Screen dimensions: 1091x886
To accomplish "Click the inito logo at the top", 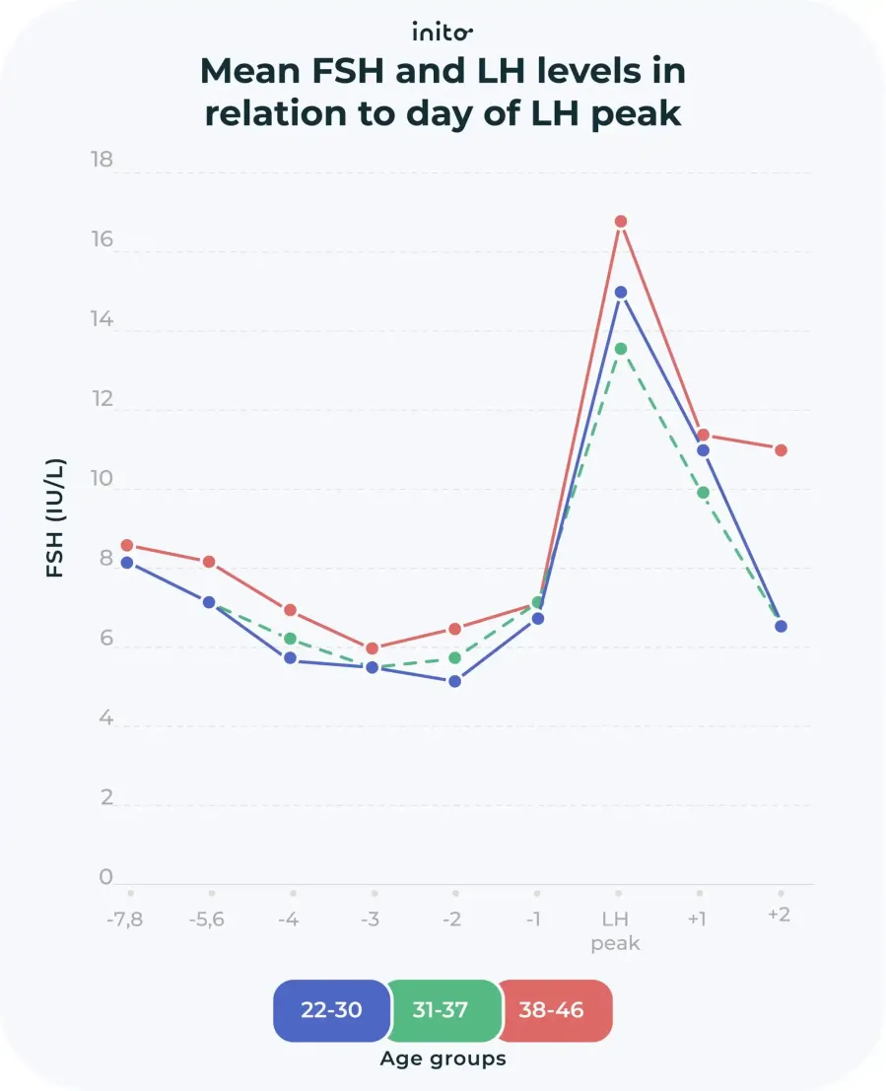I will pos(443,33).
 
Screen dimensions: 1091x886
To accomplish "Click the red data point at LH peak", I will pos(621,222).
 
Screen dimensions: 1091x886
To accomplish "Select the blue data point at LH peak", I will pos(621,293).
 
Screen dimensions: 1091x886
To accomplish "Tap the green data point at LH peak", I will pos(621,349).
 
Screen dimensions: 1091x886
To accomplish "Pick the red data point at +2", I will pos(781,450).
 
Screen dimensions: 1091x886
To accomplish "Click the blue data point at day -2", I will pos(454,681).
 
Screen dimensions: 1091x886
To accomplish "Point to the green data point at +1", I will pos(703,493).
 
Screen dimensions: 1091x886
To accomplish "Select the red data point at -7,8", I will pos(127,545).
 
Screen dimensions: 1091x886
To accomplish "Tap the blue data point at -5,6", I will pos(209,602).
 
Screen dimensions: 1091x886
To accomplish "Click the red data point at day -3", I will pos(372,648).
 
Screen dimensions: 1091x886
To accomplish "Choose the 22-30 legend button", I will pos(330,1011).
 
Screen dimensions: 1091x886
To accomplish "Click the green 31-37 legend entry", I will pos(441,1011).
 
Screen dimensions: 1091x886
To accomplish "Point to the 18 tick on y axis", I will pos(102,160).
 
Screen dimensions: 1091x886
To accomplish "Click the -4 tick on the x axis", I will pos(289,920).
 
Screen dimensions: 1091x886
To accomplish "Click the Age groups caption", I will pos(443,1059).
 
